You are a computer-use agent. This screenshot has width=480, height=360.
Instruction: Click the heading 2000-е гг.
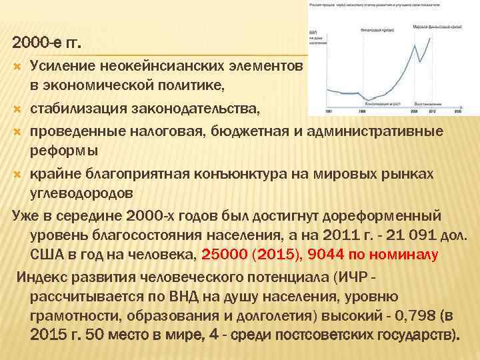47,45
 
